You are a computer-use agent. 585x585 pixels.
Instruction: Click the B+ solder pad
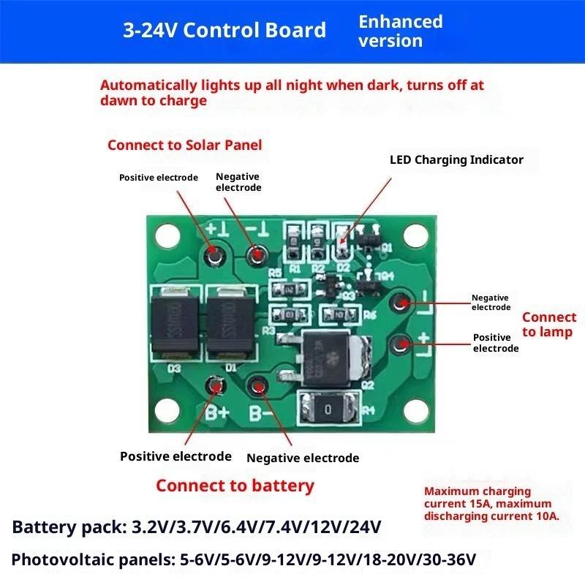click(214, 385)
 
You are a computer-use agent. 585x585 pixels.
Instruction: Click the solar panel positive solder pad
click(214, 254)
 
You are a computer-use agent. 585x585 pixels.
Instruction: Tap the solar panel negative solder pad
click(257, 255)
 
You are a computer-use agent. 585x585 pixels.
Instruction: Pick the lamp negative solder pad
click(401, 302)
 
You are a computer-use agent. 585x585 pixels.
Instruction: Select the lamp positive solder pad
click(401, 343)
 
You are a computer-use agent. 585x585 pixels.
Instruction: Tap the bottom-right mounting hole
click(416, 412)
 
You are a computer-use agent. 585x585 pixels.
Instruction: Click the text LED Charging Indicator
click(456, 159)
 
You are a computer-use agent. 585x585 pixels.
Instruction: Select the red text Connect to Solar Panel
click(184, 145)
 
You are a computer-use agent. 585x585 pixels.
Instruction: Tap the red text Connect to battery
click(235, 486)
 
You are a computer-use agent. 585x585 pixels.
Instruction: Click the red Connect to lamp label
click(548, 325)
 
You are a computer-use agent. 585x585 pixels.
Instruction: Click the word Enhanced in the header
click(401, 22)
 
